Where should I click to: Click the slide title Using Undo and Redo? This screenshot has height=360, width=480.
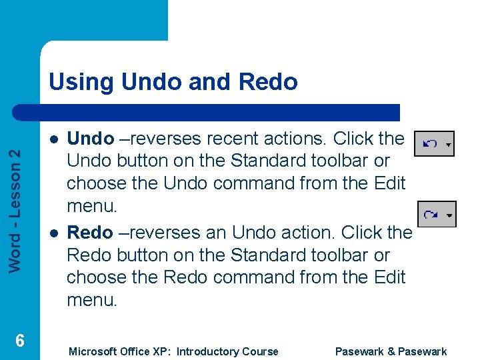173,82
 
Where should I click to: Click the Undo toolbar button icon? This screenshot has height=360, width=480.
430,144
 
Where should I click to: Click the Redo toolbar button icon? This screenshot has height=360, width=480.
431,215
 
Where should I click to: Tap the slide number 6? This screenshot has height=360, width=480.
20,341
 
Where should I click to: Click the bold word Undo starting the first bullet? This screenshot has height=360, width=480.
91,139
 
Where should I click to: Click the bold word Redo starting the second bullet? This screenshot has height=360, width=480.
90,233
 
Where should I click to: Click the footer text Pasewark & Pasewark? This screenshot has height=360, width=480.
391,351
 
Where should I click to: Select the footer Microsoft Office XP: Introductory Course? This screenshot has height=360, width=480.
173,351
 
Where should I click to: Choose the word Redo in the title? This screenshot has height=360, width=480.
270,82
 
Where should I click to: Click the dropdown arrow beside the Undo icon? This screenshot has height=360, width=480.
448,145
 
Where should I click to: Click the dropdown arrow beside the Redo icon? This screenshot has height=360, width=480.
449,215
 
